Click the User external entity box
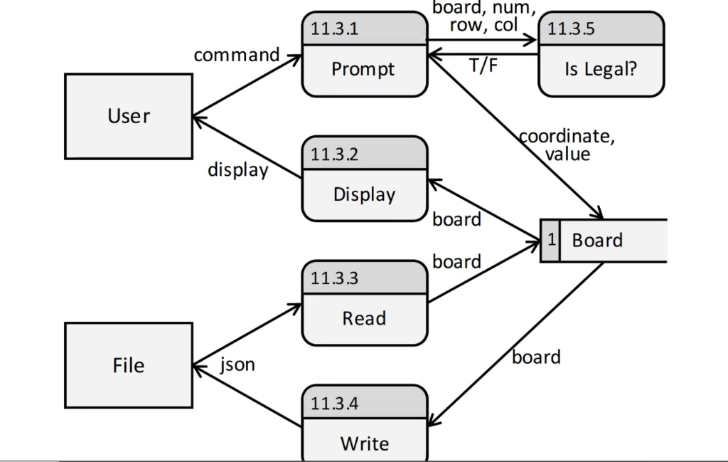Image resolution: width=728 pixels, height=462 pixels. pyautogui.click(x=129, y=116)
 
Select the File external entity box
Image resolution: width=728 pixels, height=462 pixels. pyautogui.click(x=129, y=365)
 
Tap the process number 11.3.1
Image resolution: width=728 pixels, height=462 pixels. pyautogui.click(x=335, y=29)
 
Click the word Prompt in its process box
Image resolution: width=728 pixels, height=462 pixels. pyautogui.click(x=363, y=69)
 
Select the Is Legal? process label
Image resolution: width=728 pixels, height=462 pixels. pyautogui.click(x=601, y=69)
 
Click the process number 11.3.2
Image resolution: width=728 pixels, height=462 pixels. pyautogui.click(x=335, y=154)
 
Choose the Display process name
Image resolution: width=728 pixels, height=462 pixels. pyautogui.click(x=364, y=194)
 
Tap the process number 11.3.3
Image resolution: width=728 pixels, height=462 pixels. pyautogui.click(x=335, y=278)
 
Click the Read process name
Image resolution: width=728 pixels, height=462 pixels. pyautogui.click(x=364, y=318)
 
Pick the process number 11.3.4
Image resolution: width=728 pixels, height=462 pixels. pyautogui.click(x=335, y=404)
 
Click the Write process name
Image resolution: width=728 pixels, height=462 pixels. pyautogui.click(x=364, y=443)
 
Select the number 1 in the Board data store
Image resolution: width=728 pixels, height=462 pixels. pyautogui.click(x=550, y=240)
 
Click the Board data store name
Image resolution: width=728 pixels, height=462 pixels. pyautogui.click(x=597, y=240)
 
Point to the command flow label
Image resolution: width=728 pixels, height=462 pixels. pyautogui.click(x=237, y=55)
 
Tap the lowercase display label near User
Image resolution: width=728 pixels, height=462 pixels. pyautogui.click(x=237, y=170)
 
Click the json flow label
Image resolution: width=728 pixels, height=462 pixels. pyautogui.click(x=237, y=365)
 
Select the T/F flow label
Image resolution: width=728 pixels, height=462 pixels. pyautogui.click(x=483, y=65)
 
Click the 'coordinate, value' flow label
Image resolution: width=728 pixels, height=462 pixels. pyautogui.click(x=567, y=145)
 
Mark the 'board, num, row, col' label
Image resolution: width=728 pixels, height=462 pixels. pyautogui.click(x=483, y=17)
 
